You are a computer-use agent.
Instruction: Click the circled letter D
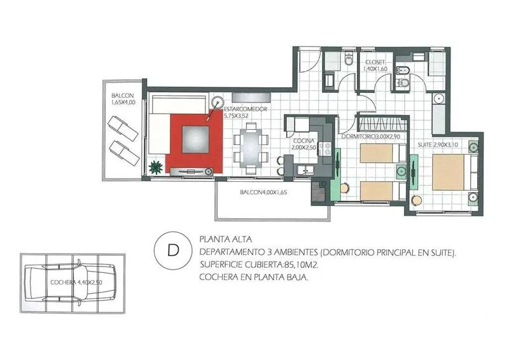(x=173, y=250)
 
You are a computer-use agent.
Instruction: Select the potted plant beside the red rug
(x=155, y=167)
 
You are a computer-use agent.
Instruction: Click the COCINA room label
(x=304, y=141)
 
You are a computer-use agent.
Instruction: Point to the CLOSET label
(x=375, y=62)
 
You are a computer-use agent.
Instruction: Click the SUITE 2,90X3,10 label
(x=438, y=144)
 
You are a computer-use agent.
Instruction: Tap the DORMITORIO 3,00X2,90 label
(x=371, y=137)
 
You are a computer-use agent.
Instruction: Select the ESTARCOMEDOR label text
(x=246, y=109)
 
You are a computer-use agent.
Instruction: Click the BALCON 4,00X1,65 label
(x=263, y=192)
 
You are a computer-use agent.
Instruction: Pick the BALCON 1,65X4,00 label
(x=123, y=99)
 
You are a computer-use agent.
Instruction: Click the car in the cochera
(x=71, y=283)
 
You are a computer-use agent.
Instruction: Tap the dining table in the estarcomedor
(x=251, y=148)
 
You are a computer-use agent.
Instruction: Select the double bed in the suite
(x=455, y=172)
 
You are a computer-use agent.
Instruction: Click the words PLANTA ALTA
(x=226, y=240)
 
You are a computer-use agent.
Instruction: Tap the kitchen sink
(x=305, y=169)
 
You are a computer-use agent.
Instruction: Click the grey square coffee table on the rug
(x=195, y=139)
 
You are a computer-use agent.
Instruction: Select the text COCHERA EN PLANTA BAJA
(x=253, y=277)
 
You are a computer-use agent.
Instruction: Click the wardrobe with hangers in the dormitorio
(x=382, y=123)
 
